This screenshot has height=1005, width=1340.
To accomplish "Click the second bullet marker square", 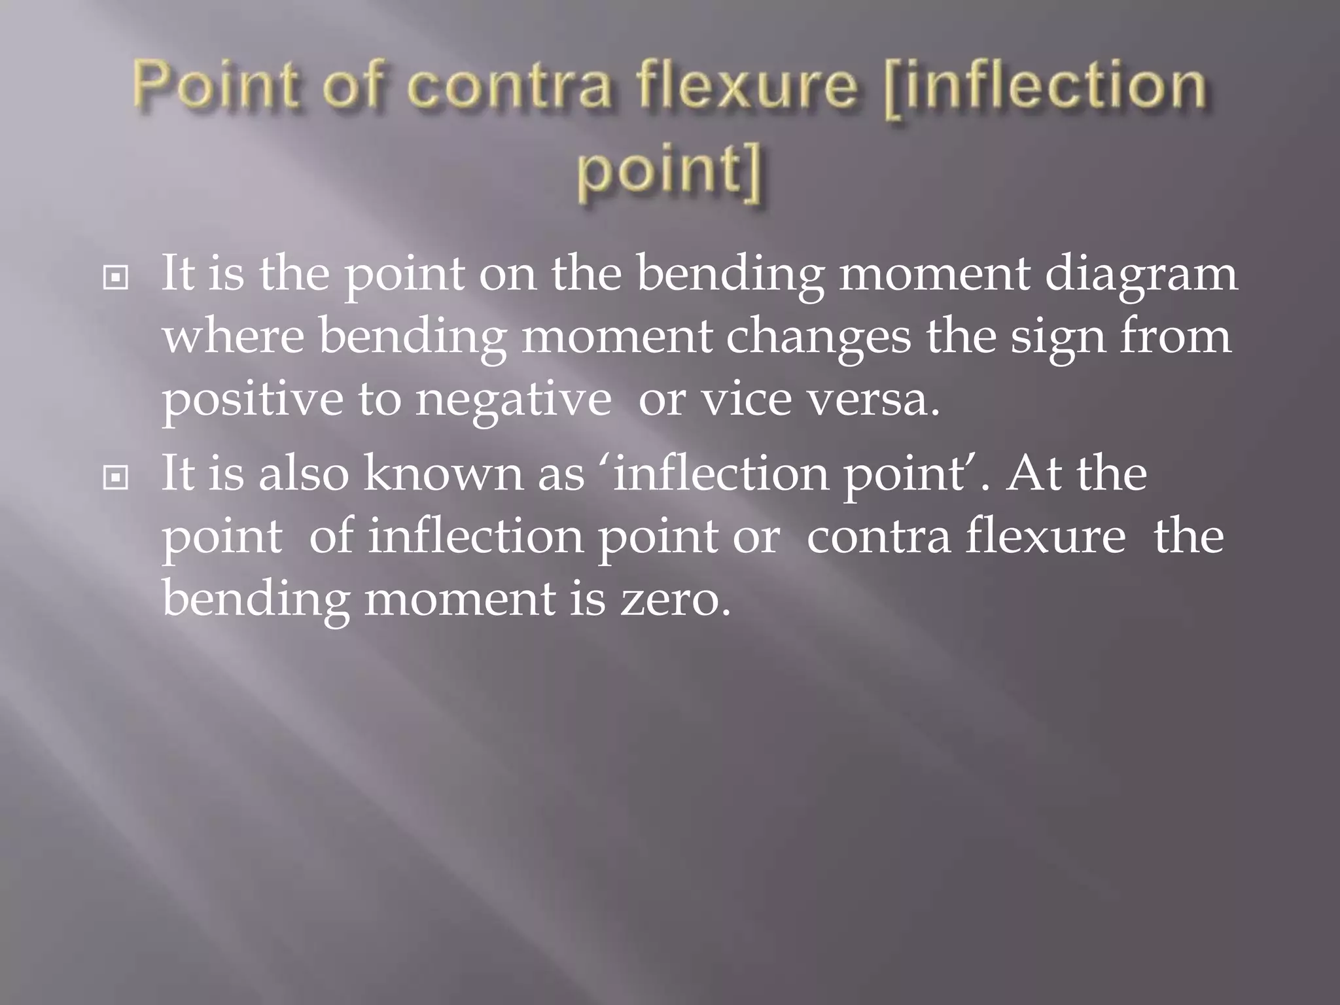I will [x=116, y=479].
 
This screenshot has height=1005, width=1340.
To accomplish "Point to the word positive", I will [x=252, y=400].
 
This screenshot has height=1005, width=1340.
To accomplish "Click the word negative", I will [x=514, y=400].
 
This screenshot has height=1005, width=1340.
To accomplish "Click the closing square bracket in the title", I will [x=754, y=173].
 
